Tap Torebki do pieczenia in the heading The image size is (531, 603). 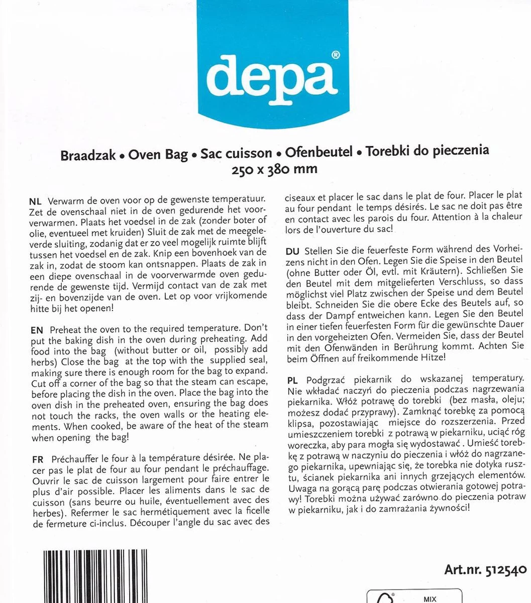pos(427,151)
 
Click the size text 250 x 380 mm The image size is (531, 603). pos(274,169)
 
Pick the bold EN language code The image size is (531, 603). pos(37,330)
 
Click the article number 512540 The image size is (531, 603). pos(506,570)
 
